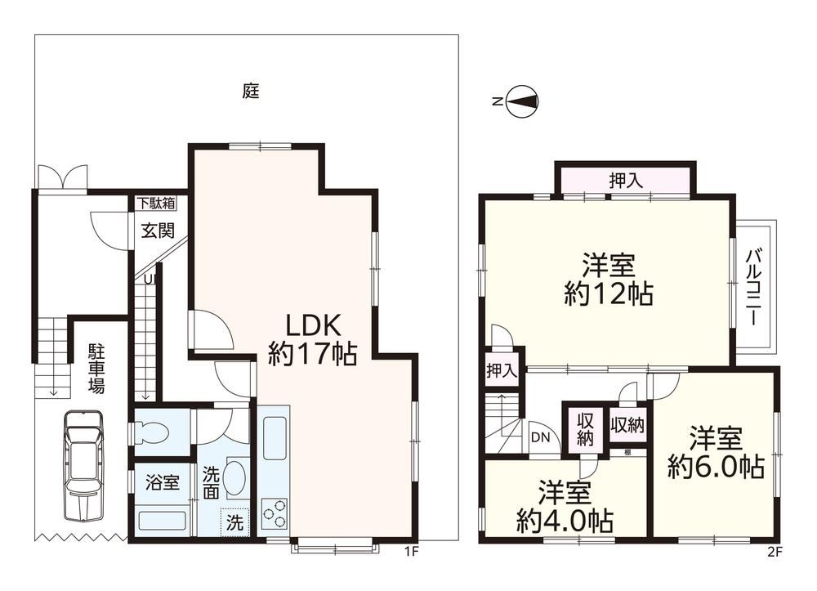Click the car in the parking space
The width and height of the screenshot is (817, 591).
pyautogui.click(x=83, y=465)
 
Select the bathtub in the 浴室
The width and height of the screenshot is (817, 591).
pyautogui.click(x=162, y=521)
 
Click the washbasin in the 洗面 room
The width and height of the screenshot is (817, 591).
pyautogui.click(x=237, y=473)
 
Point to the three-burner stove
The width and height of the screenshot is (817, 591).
pyautogui.click(x=275, y=513)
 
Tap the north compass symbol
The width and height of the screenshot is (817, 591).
pyautogui.click(x=523, y=101)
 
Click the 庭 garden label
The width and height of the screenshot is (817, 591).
pyautogui.click(x=251, y=92)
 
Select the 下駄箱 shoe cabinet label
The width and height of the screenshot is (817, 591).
pyautogui.click(x=156, y=203)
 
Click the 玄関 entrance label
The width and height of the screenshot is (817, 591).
pyautogui.click(x=158, y=230)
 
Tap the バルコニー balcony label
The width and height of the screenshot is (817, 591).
pyautogui.click(x=753, y=287)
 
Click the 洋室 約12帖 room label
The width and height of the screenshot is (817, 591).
pyautogui.click(x=609, y=280)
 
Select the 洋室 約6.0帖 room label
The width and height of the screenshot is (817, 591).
pyautogui.click(x=716, y=452)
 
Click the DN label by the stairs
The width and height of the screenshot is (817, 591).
pyautogui.click(x=540, y=437)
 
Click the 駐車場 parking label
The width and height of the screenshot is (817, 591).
pyautogui.click(x=96, y=368)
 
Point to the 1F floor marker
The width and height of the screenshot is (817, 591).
pyautogui.click(x=411, y=552)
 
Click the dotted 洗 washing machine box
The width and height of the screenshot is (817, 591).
pyautogui.click(x=234, y=522)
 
